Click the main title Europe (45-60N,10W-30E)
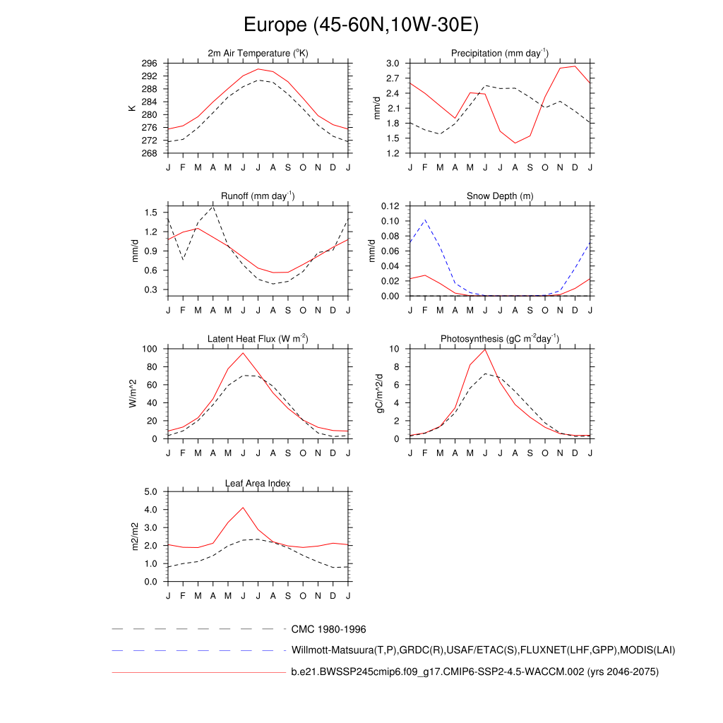(361, 25)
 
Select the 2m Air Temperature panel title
(258, 54)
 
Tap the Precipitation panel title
(500, 54)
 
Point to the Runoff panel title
(258, 196)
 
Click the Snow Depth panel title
(500, 196)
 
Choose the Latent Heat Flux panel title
(258, 340)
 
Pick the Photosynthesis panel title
(500, 340)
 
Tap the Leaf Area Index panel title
(258, 484)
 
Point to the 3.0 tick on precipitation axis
(393, 64)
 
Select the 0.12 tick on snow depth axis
(390, 206)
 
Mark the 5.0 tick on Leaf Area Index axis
(152, 492)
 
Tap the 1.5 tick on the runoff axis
(152, 213)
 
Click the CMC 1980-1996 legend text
(328, 629)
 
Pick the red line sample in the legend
(198, 672)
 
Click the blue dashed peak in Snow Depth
(424, 220)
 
